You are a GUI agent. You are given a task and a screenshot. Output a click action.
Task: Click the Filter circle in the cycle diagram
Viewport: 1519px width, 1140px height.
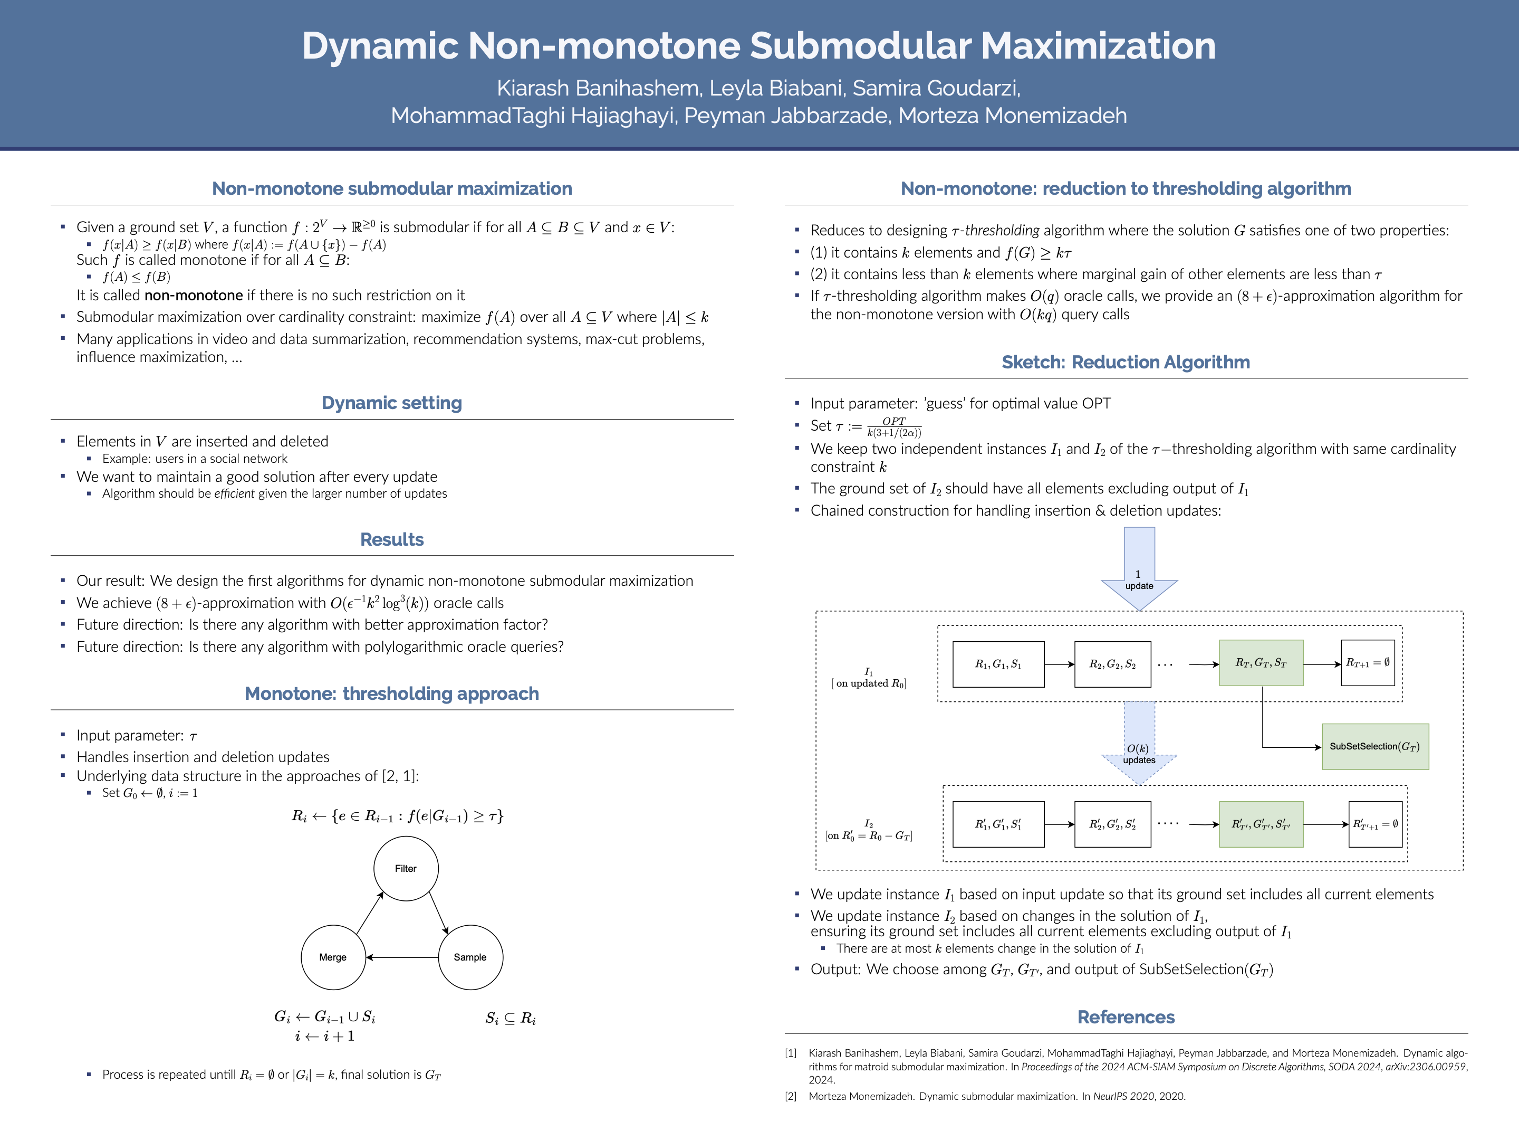pos(406,869)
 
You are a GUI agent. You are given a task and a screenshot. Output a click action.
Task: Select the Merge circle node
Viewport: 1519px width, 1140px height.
pos(333,957)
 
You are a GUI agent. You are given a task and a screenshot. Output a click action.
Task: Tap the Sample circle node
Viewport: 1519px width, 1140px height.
pos(470,957)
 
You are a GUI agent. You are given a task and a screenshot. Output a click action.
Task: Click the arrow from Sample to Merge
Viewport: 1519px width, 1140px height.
pos(402,957)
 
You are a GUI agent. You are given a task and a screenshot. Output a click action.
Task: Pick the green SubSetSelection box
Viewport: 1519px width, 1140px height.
pos(1375,746)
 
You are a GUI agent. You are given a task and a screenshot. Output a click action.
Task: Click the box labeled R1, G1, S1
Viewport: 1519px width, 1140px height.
pos(998,664)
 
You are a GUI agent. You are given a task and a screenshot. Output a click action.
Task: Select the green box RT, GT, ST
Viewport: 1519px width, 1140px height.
pos(1261,663)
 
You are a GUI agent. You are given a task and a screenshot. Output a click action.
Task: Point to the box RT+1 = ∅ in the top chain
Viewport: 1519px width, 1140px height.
pos(1367,663)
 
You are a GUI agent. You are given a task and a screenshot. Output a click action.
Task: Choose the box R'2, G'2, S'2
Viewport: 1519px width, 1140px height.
pos(1112,824)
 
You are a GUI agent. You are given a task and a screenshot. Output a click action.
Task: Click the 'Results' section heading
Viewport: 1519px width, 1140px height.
pos(392,539)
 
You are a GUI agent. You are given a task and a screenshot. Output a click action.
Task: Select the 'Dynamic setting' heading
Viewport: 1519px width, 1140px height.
pos(392,403)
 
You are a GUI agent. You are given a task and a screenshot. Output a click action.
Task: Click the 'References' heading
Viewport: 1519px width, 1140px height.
pos(1126,1017)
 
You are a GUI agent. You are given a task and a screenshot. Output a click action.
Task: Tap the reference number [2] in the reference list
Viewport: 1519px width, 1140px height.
pos(791,1096)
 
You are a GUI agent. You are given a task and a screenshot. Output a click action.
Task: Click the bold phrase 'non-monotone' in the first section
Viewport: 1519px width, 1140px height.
pos(194,296)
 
